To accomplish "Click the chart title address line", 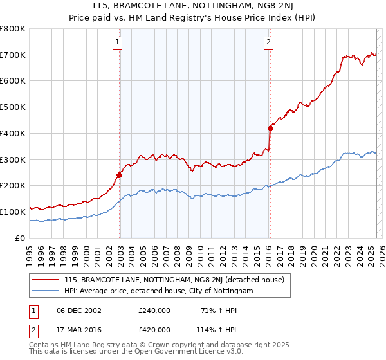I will click(x=193, y=6).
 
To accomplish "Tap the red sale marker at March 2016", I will click(x=270, y=128).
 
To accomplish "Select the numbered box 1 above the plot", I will click(x=118, y=43).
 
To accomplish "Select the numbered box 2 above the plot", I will click(x=268, y=43).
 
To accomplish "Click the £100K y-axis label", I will click(x=14, y=212).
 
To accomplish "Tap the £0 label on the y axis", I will click(x=19, y=238).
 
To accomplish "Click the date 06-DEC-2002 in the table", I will click(x=79, y=310).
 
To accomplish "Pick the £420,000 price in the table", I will click(x=154, y=329).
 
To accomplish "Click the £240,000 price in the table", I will click(x=154, y=310).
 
